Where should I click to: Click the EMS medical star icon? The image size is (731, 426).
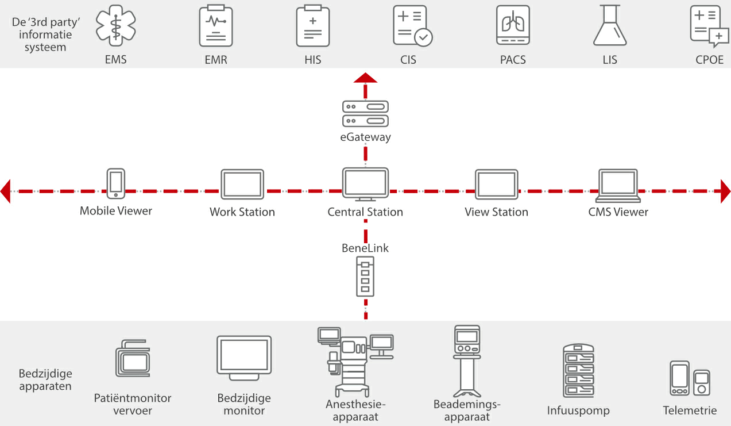coord(116,25)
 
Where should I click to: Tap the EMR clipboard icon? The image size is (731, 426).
coord(216,26)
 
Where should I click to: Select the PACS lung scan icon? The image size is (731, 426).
coord(513,26)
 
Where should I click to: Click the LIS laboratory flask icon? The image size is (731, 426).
coord(610,25)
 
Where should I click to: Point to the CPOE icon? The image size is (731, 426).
coord(709,26)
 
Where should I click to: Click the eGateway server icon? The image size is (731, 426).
coord(365,113)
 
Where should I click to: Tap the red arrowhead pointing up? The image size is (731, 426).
coord(365,78)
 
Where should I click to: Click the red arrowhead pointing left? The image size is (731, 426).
coord(6,191)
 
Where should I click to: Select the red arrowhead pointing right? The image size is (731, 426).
coord(725,191)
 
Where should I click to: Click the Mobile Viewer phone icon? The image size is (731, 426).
coord(116,183)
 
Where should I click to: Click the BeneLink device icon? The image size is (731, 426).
coord(365,277)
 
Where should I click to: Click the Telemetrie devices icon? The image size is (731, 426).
coord(690,378)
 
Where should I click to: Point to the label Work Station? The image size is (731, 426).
coord(242,212)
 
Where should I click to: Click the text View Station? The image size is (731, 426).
coord(496,212)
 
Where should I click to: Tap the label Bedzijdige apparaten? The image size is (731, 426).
coord(45,379)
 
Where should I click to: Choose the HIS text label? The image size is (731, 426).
coord(313,60)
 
